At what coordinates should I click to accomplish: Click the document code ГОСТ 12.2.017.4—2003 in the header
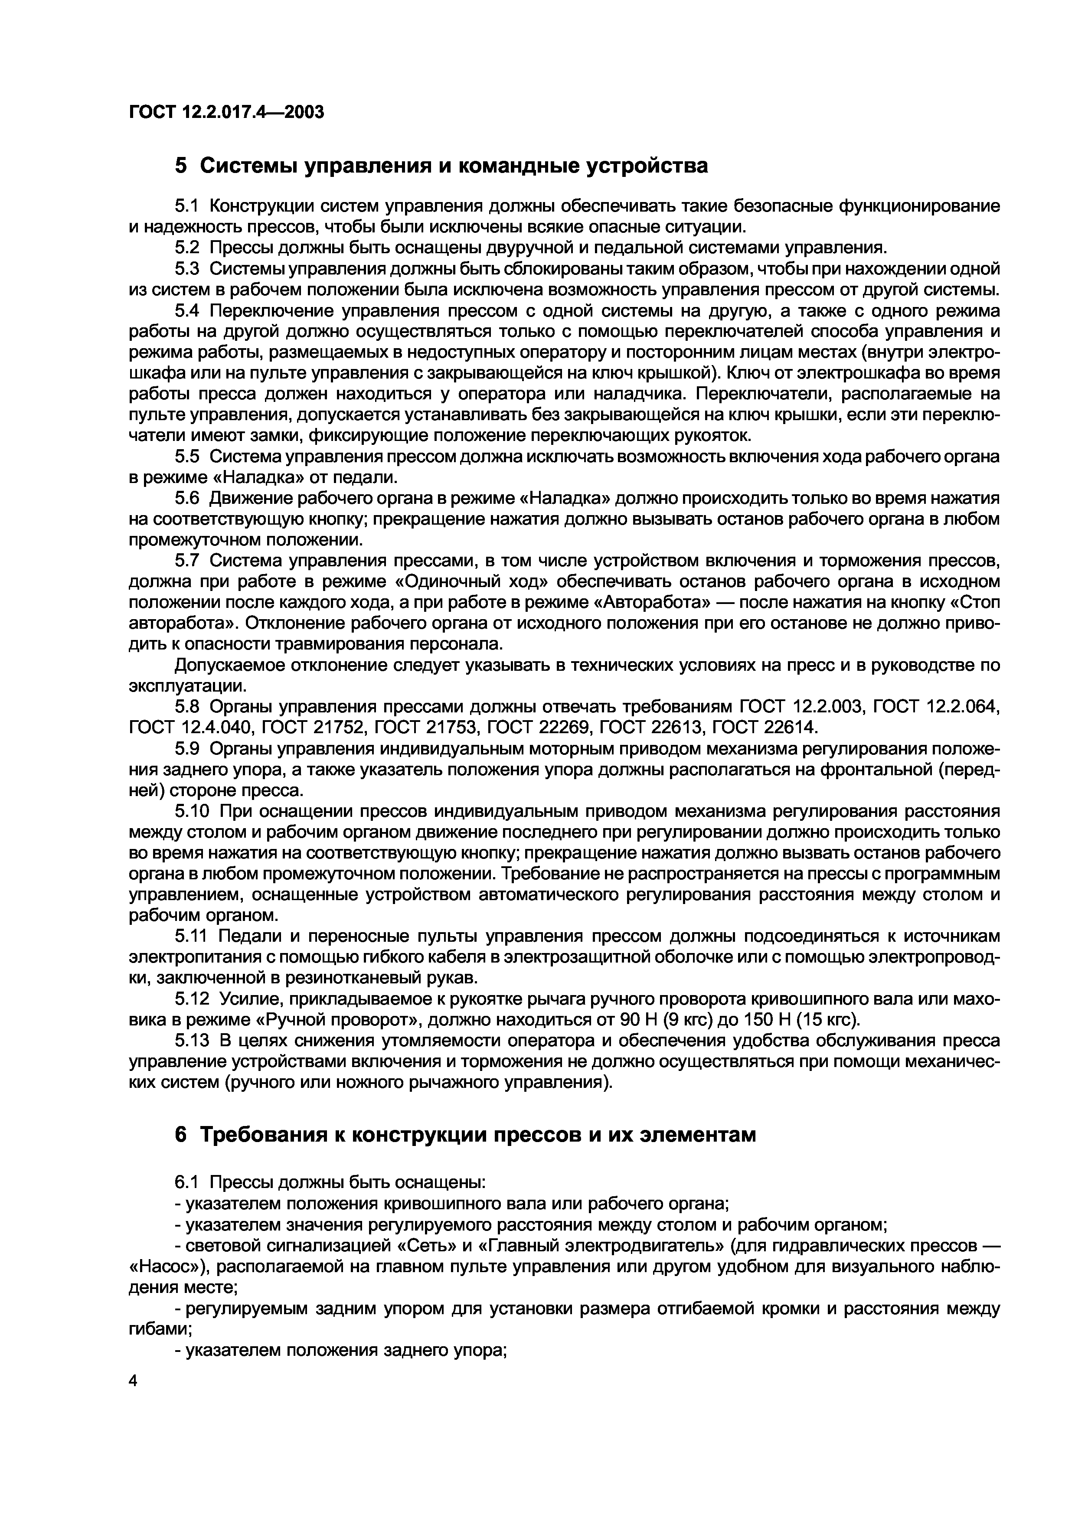(226, 112)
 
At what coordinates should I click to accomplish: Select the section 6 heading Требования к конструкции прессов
(465, 1135)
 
